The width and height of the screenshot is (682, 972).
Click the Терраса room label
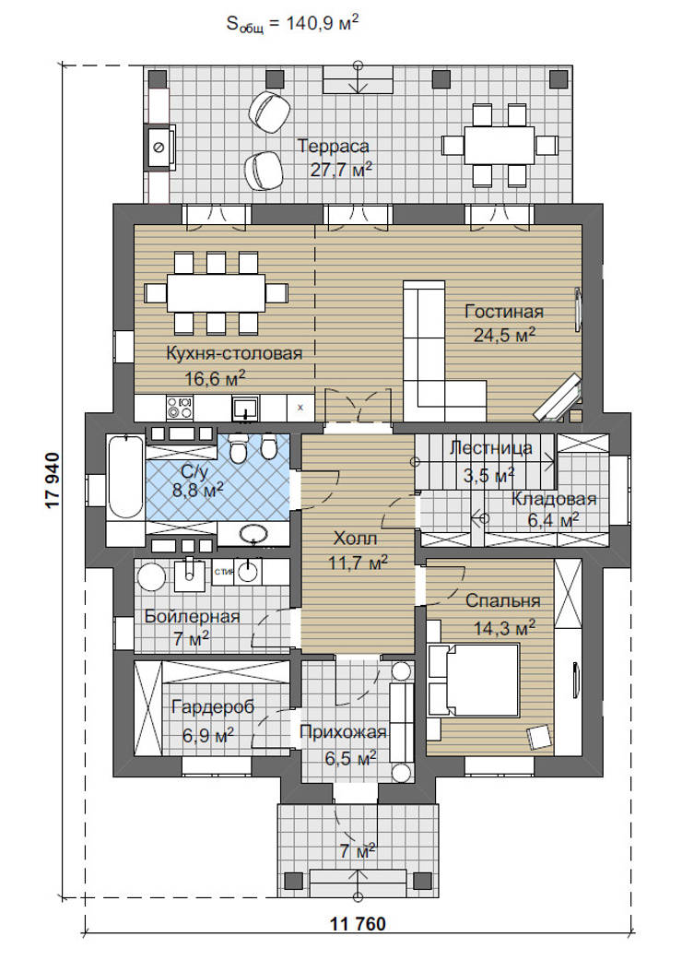(334, 147)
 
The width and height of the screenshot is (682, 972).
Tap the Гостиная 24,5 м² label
(504, 323)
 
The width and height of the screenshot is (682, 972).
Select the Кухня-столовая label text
(235, 353)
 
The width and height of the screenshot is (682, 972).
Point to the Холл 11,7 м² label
(359, 550)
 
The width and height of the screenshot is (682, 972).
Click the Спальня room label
(503, 600)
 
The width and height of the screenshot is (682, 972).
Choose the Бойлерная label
(192, 617)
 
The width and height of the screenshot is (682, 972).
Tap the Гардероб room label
(213, 707)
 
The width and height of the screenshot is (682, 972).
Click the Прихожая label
(343, 732)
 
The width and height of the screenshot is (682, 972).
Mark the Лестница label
(491, 447)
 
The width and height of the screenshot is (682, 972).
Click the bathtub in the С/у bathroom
(125, 476)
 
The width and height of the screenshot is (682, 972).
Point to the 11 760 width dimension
(358, 924)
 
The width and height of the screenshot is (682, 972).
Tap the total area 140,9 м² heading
(292, 24)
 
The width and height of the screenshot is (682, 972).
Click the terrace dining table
(500, 145)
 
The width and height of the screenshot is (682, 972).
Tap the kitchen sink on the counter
(246, 408)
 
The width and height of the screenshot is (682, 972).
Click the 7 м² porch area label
(358, 850)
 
